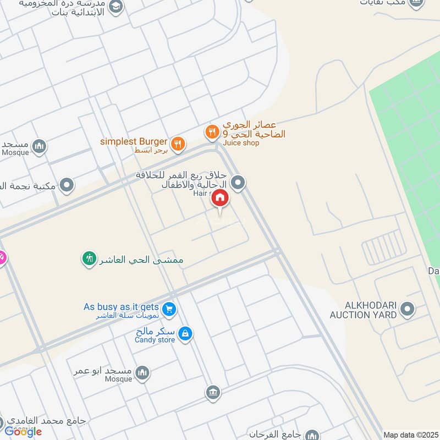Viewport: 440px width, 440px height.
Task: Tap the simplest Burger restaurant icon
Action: tap(177, 144)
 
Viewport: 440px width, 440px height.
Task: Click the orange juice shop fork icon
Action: tap(212, 132)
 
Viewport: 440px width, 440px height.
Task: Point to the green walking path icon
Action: tap(90, 257)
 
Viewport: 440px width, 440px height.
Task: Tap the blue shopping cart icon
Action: tap(169, 309)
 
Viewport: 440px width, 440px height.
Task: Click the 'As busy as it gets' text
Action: tap(121, 307)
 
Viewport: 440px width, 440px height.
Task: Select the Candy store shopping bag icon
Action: tap(186, 333)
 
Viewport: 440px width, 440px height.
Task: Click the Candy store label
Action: tap(155, 340)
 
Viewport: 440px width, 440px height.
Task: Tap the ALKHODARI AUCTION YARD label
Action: tap(363, 310)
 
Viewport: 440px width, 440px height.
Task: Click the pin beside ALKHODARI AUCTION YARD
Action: tap(408, 309)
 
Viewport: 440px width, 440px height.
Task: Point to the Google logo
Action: tap(23, 432)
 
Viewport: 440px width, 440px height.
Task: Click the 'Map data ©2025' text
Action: tap(410, 435)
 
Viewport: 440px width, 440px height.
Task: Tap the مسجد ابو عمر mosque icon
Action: tap(142, 373)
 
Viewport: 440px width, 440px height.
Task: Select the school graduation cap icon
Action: tap(116, 6)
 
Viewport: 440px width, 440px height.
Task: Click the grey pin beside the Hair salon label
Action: tap(238, 183)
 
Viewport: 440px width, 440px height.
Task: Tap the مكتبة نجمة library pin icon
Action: tap(67, 185)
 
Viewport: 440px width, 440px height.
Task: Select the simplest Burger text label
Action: tap(134, 141)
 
